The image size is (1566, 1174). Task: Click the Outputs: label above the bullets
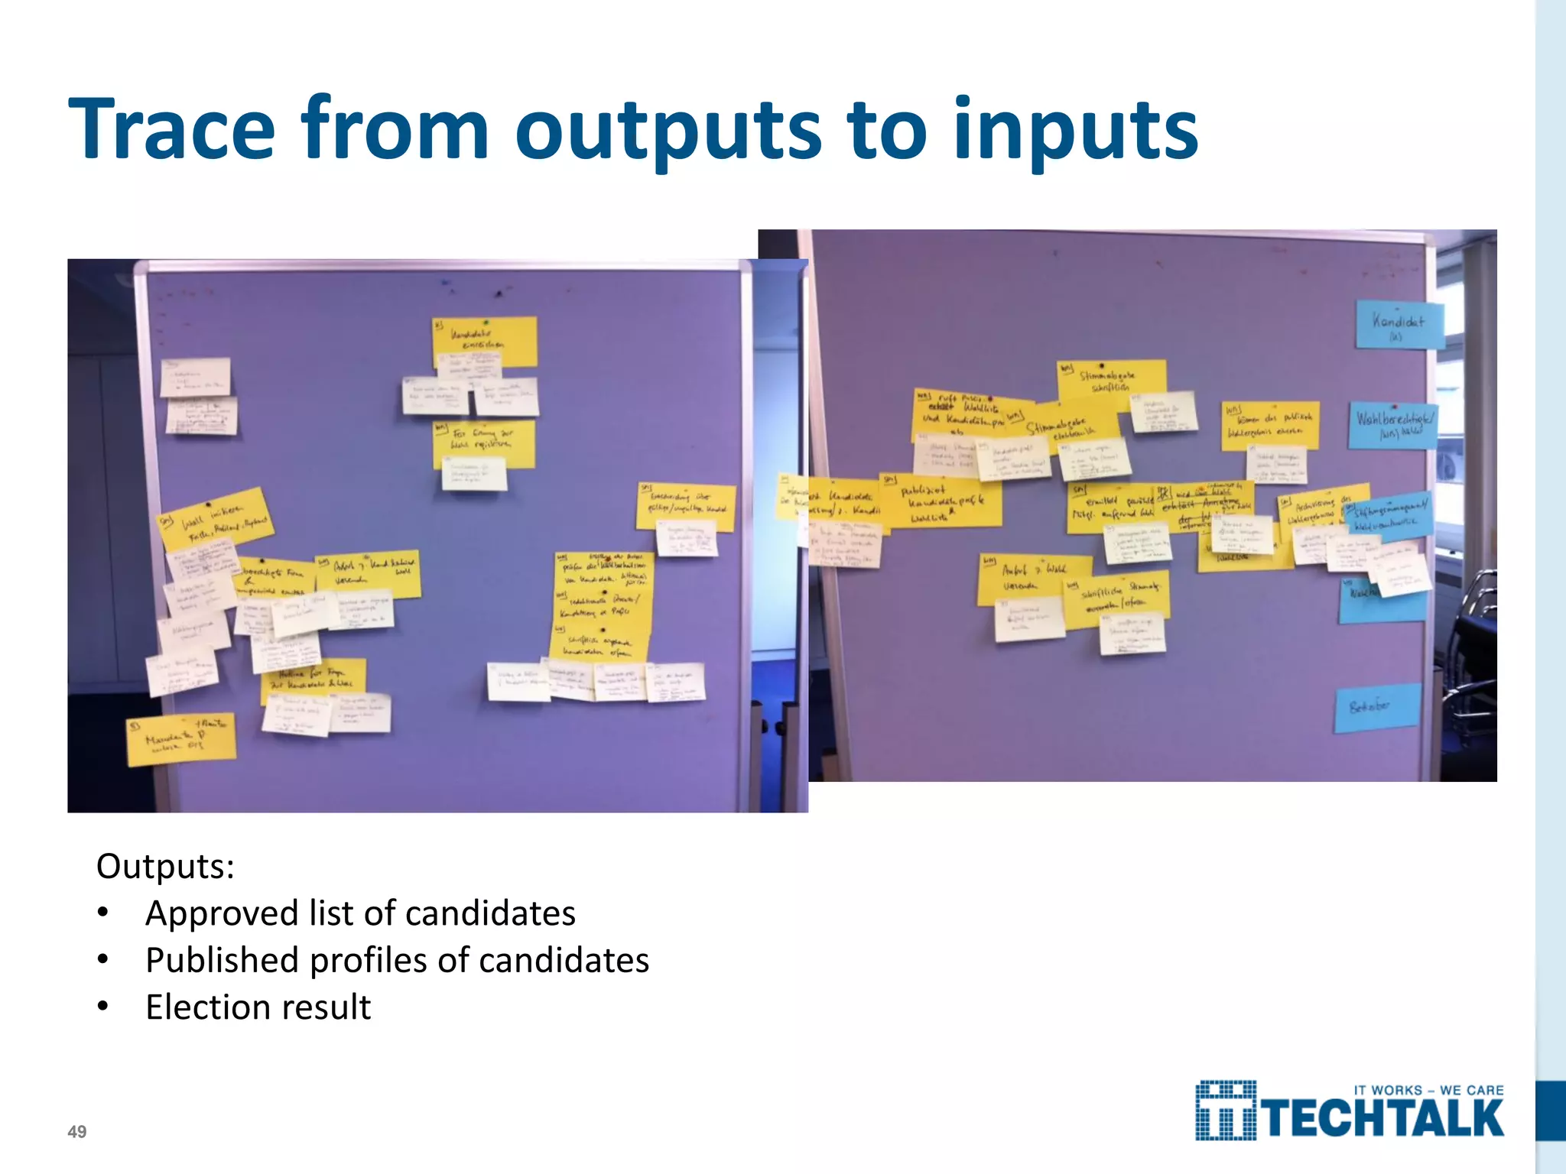pyautogui.click(x=165, y=867)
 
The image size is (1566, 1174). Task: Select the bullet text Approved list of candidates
pyautogui.click(x=360, y=913)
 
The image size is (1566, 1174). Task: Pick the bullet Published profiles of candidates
pyautogui.click(x=397, y=961)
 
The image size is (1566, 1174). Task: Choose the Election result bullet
pyautogui.click(x=258, y=1007)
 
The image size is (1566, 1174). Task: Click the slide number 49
pyautogui.click(x=77, y=1132)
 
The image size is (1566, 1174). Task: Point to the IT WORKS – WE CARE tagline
pyautogui.click(x=1428, y=1090)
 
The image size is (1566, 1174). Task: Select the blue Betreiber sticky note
pyautogui.click(x=1376, y=708)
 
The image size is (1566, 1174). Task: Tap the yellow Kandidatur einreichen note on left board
pyautogui.click(x=485, y=341)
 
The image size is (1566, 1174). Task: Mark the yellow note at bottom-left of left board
pyautogui.click(x=181, y=739)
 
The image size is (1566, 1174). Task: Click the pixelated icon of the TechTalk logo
pyautogui.click(x=1225, y=1111)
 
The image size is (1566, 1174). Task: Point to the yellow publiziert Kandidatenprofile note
pyautogui.click(x=941, y=501)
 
